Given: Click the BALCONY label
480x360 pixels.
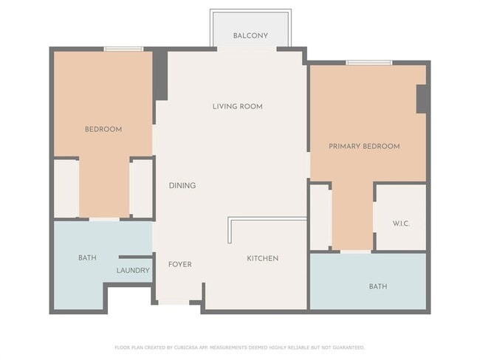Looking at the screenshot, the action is click(250, 36).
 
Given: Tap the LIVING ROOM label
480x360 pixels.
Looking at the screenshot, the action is click(238, 106).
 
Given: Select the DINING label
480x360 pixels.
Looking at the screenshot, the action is click(182, 185).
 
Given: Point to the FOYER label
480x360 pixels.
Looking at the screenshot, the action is click(180, 264).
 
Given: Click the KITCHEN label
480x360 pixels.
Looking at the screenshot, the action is click(263, 258).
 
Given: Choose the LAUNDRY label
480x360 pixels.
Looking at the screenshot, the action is click(133, 271).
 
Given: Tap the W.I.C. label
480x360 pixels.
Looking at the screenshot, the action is click(401, 224).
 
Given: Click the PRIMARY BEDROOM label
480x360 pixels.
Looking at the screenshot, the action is click(364, 147).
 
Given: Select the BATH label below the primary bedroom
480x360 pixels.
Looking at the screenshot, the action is click(378, 286).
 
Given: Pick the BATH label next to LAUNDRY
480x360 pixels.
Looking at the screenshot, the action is click(87, 258).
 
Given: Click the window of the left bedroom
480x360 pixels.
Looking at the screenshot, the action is click(123, 49).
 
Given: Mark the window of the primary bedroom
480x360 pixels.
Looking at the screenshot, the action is click(369, 63).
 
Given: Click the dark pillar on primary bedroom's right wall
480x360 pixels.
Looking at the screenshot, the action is click(421, 99).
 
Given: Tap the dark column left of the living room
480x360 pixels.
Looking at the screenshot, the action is click(160, 75).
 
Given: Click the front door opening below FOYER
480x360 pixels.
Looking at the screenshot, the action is click(174, 302).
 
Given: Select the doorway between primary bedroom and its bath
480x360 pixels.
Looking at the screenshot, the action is click(355, 252).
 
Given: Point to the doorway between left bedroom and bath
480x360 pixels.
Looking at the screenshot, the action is click(104, 219).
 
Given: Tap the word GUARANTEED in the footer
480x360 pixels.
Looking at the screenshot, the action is click(349, 347).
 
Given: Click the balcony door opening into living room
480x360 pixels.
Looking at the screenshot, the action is click(247, 49).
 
